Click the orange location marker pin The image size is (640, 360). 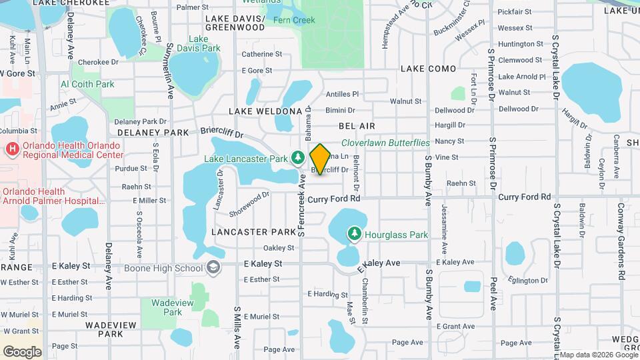coord(320,159)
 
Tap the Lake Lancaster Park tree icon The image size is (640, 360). coord(298,158)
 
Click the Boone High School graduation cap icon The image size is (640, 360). coord(213,268)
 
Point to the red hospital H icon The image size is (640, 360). coord(11,149)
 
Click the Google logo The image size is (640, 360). coord(21,351)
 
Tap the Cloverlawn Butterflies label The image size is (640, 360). coord(385,143)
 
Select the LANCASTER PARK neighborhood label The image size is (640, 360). coord(253,232)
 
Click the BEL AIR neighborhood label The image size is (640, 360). coord(357,125)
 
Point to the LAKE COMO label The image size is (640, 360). coord(428,69)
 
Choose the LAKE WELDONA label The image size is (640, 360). coord(265,110)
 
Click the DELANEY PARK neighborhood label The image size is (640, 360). coord(154,133)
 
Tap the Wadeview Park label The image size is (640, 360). coord(167,307)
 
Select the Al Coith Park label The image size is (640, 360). coord(87,85)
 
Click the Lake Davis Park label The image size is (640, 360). coord(204,44)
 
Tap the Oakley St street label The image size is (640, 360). coord(283,248)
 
